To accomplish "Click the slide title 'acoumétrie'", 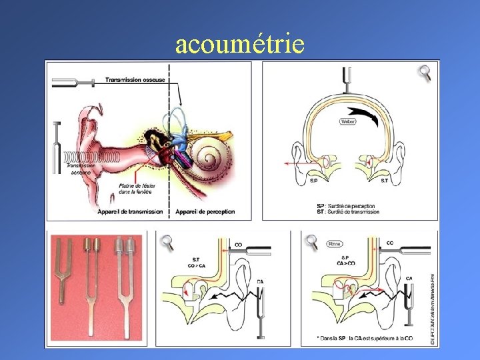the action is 240,44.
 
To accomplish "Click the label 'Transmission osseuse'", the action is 137,80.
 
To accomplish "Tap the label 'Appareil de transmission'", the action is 131,211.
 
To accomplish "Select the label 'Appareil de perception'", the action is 205,211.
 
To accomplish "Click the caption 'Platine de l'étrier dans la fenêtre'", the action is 135,189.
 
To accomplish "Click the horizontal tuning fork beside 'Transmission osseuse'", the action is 76,82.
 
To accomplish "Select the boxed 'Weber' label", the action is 348,122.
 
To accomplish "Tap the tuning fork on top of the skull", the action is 345,79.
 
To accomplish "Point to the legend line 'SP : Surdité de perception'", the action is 347,206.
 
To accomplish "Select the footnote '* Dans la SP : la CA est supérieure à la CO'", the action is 365,339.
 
